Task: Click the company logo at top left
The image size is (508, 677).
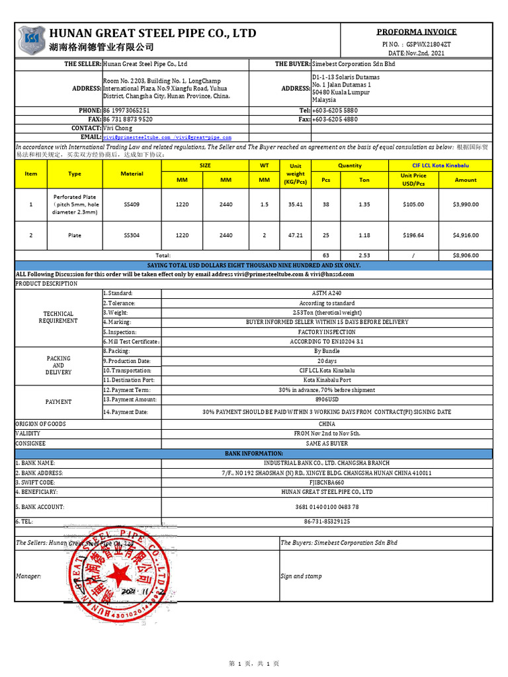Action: [31, 40]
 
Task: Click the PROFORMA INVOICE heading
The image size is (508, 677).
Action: [416, 32]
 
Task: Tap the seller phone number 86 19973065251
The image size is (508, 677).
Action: [126, 110]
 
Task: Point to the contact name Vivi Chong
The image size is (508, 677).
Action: [118, 128]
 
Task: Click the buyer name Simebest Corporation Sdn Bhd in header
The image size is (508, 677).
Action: [354, 64]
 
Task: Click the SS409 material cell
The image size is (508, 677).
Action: [132, 205]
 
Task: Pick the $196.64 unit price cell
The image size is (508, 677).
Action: [413, 235]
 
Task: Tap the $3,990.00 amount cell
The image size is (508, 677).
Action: [466, 205]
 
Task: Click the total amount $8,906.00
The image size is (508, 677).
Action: [466, 255]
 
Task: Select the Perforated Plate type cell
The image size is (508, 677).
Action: [75, 205]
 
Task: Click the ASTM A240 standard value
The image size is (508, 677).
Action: [327, 293]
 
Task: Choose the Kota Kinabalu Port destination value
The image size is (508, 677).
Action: [327, 380]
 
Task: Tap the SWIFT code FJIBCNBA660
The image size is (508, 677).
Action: [327, 483]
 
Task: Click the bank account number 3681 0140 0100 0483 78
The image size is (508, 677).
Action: [327, 506]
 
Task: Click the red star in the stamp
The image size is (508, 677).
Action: [121, 576]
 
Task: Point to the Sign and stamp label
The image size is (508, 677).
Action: [302, 576]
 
